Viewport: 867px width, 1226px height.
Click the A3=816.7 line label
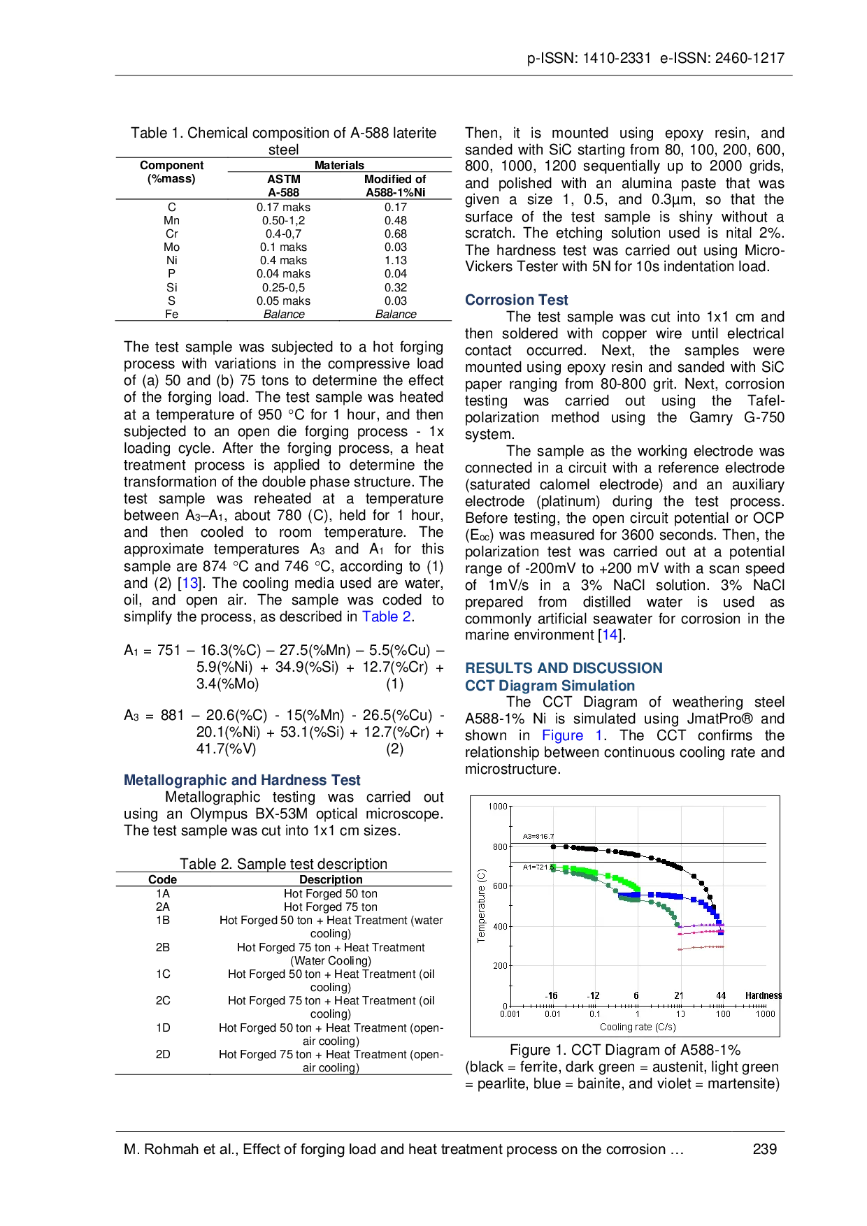coord(538,836)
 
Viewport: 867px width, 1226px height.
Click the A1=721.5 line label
coord(538,867)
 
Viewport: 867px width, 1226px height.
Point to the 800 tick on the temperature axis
coord(499,846)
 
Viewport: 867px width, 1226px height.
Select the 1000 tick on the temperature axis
coord(497,807)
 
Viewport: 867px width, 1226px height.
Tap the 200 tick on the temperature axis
coord(499,966)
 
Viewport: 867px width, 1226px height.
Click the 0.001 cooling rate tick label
coord(510,1014)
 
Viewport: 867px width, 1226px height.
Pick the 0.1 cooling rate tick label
coord(594,1014)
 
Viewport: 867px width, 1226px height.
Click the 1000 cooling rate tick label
coord(765,1014)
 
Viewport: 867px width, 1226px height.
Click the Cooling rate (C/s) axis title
coord(637,1027)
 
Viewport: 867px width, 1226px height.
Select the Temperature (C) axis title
coord(481,906)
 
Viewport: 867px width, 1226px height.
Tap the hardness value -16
coord(551,995)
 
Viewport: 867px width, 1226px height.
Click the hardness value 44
coord(721,995)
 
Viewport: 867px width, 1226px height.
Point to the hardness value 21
coord(678,995)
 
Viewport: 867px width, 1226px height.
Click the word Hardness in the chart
coord(763,995)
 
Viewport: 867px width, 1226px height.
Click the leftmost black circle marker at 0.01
coord(553,846)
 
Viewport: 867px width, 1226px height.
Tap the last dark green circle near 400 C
coord(678,924)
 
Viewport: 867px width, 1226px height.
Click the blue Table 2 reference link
coord(387,616)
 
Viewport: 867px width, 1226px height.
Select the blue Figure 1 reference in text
coord(571,735)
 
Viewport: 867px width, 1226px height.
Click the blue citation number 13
coord(190,583)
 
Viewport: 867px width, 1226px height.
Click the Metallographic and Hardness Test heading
coord(243,779)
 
